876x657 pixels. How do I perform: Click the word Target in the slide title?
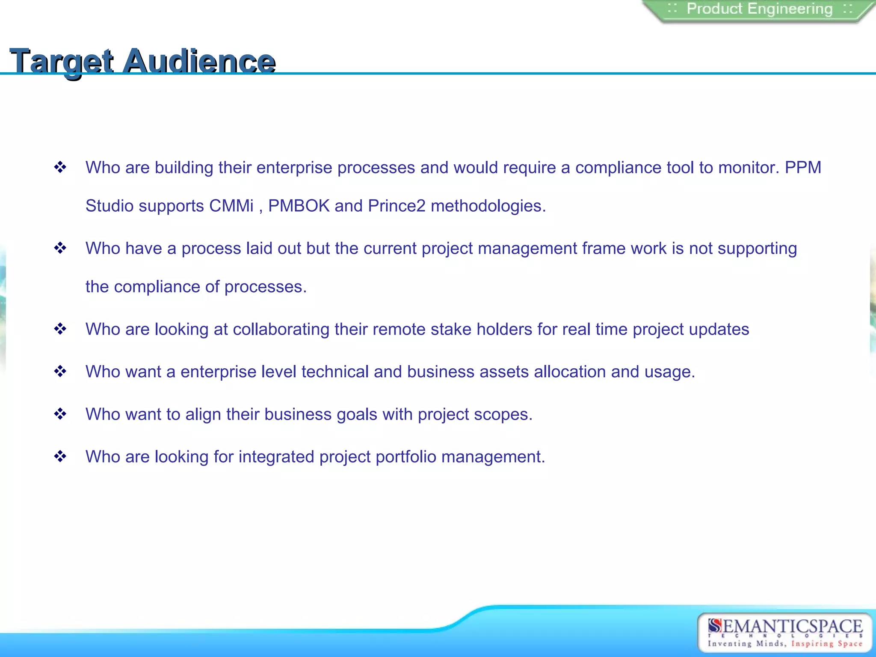click(x=62, y=61)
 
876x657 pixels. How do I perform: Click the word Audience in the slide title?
click(x=199, y=61)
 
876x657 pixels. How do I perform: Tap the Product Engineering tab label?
click(x=759, y=9)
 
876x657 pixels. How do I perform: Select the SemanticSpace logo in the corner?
click(x=784, y=633)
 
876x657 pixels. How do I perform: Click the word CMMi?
click(x=231, y=206)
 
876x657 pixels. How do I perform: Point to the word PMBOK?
click(x=299, y=206)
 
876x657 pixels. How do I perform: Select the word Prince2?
click(x=397, y=206)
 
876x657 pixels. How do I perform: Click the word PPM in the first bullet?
click(x=803, y=168)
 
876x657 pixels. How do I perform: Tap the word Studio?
click(x=109, y=206)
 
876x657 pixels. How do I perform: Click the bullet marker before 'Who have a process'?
click(x=60, y=248)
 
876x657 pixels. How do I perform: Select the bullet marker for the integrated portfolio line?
click(x=60, y=456)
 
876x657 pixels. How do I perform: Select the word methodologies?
click(x=488, y=206)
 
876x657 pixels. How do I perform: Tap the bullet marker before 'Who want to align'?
click(x=60, y=414)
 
